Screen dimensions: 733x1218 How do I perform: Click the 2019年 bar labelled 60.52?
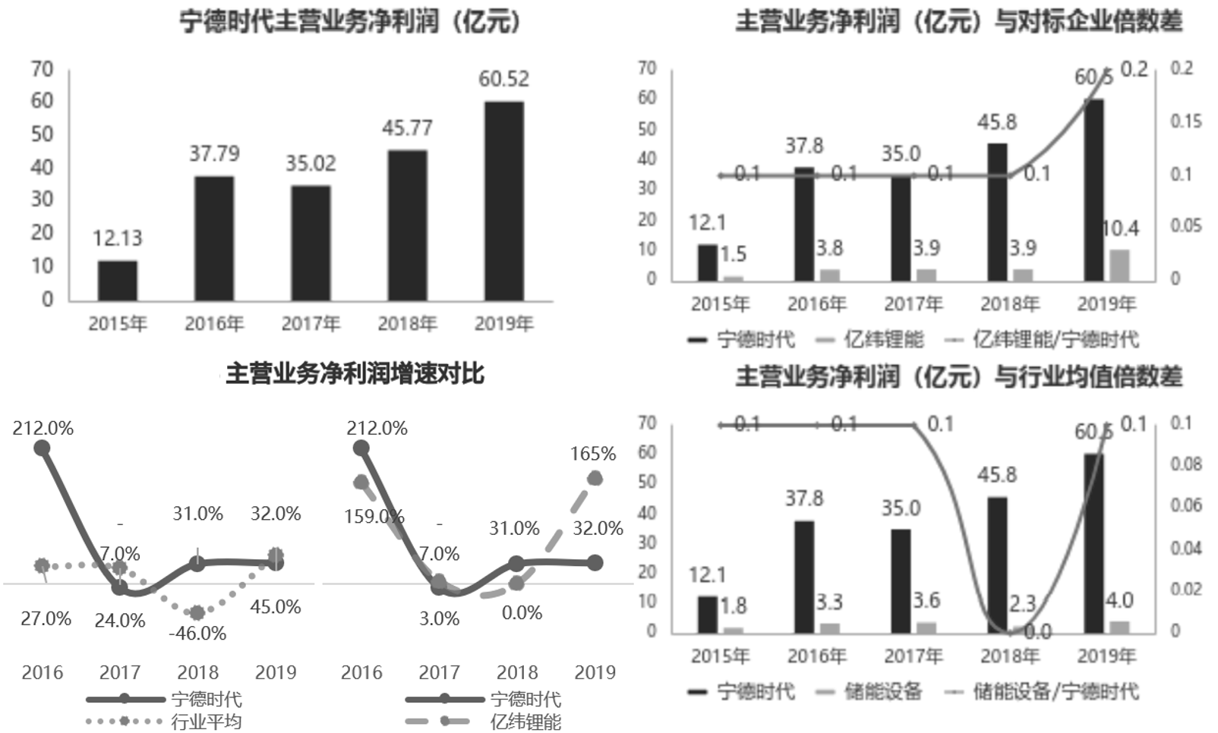pos(504,201)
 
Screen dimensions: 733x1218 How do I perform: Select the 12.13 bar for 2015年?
pos(118,281)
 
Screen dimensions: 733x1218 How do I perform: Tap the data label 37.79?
pos(214,154)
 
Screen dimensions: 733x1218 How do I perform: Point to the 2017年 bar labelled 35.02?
pos(311,243)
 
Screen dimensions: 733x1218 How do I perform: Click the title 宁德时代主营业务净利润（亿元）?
pos(351,21)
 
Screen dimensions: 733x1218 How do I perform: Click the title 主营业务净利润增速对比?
pos(355,373)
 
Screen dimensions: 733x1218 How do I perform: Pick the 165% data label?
pos(593,454)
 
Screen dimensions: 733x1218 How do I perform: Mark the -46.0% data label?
pos(198,633)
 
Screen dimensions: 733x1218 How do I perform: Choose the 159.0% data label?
pos(374,517)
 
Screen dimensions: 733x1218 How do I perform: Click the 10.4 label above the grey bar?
pos(1119,228)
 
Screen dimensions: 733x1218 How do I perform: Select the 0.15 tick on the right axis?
pos(1185,121)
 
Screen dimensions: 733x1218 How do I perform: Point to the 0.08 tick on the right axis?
pos(1185,464)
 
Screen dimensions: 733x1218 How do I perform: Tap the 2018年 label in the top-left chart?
pos(407,324)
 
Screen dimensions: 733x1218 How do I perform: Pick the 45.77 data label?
pos(407,128)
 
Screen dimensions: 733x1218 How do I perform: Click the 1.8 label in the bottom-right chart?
pos(734,606)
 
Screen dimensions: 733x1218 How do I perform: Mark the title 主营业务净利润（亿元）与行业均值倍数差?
pos(958,376)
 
